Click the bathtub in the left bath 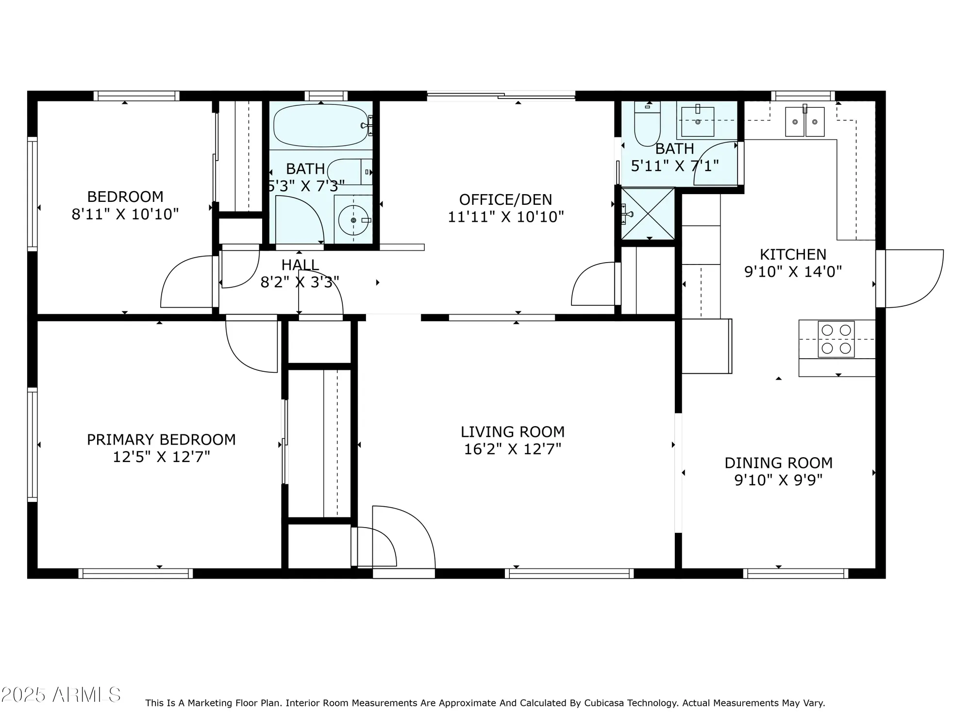[320, 126]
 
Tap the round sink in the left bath [353, 220]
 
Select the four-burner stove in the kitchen [836, 339]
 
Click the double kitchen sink [804, 122]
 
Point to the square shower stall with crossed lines [648, 214]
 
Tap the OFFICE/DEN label [505, 199]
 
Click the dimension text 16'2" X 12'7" [512, 449]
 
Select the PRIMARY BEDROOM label [161, 440]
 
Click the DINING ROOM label [778, 463]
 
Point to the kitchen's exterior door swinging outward [913, 279]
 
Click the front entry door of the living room [403, 539]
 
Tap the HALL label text [300, 265]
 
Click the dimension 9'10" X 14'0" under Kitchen [793, 271]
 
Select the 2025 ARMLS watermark [61, 695]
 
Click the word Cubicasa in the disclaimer [604, 703]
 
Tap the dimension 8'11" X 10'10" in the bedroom [125, 214]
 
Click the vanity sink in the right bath [698, 121]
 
